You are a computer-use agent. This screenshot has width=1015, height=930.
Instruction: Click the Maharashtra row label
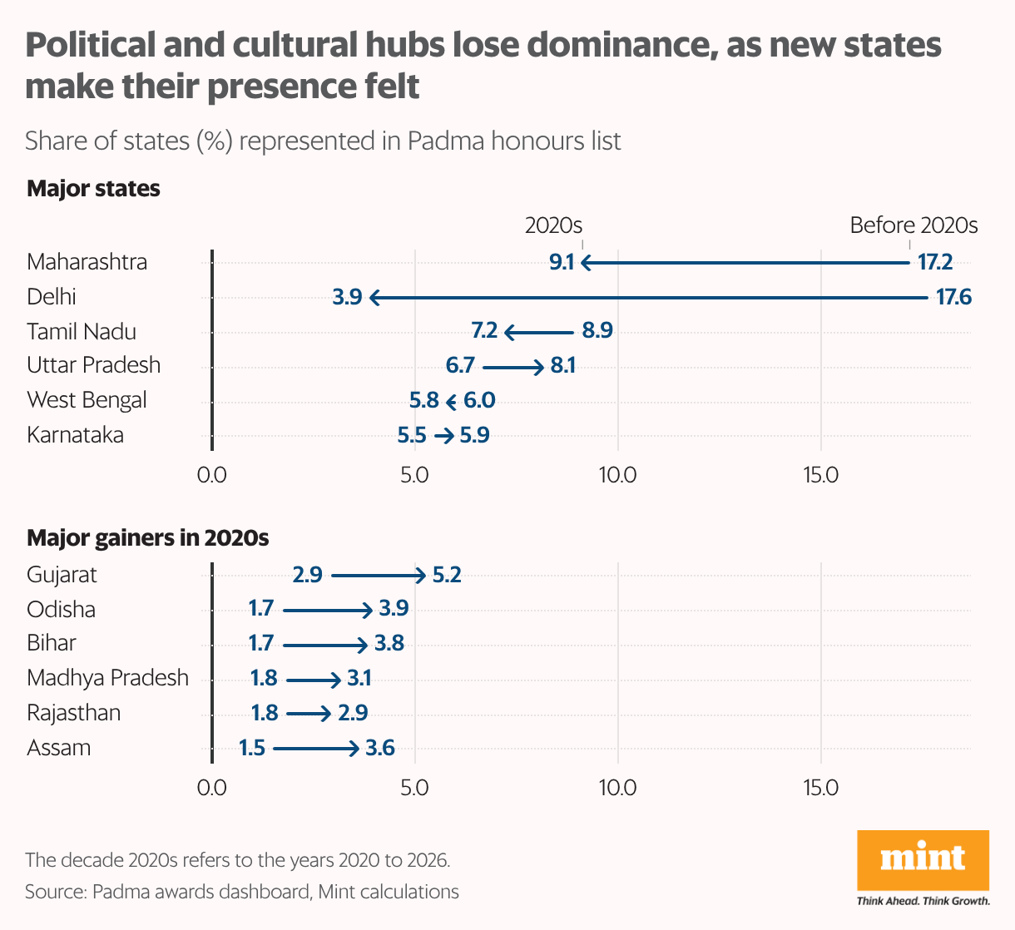click(87, 262)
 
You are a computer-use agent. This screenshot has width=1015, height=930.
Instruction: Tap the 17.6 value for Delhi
click(953, 297)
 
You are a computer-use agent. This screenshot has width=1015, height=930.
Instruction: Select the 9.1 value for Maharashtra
click(562, 263)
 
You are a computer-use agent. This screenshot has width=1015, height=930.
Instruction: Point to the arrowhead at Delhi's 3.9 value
click(375, 297)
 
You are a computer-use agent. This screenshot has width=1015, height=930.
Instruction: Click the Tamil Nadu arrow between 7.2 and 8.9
click(539, 332)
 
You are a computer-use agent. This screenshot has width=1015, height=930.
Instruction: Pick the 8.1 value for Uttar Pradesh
click(562, 366)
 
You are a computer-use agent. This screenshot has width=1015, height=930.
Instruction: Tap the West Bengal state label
click(87, 400)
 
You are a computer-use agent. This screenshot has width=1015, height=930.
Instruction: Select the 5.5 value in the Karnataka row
click(412, 435)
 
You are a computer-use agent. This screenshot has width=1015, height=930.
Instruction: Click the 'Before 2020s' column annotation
click(913, 225)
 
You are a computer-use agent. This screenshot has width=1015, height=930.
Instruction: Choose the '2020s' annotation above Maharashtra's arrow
click(553, 225)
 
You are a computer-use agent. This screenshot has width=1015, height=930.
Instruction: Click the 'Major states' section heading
click(93, 189)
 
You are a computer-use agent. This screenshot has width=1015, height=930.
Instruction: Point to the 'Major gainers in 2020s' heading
click(147, 538)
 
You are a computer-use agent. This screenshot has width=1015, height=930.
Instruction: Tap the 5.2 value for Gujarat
click(447, 575)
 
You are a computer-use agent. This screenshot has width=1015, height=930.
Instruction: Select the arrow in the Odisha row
click(327, 610)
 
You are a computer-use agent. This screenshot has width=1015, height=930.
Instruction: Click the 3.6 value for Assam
click(379, 749)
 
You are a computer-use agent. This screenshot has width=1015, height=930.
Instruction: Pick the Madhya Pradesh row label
click(107, 678)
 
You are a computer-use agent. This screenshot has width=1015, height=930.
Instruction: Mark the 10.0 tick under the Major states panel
click(617, 475)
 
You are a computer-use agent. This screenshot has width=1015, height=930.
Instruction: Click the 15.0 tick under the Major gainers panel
click(820, 788)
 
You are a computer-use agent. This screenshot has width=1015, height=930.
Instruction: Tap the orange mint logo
click(923, 860)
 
